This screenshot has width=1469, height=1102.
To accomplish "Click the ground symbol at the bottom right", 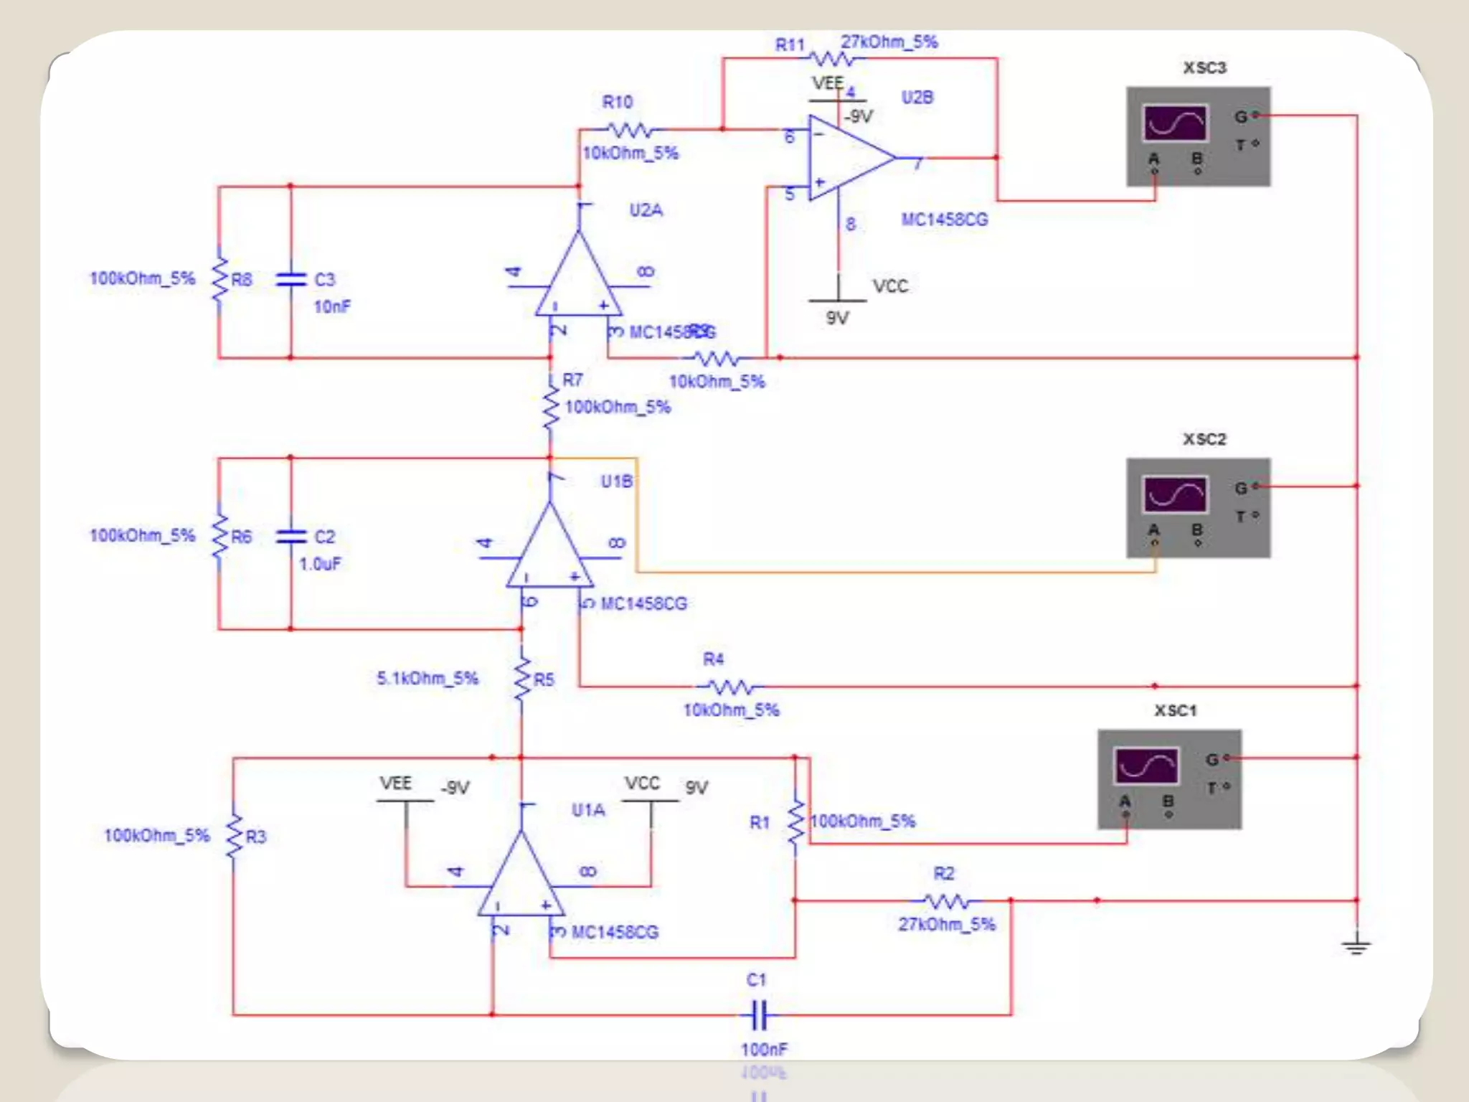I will click(1356, 947).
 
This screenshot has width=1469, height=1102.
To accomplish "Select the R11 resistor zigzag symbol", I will click(832, 58).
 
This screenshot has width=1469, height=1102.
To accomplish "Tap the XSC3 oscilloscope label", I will click(1204, 68).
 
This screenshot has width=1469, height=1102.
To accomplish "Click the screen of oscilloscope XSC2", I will click(1175, 495).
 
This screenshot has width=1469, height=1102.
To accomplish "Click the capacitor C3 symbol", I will click(291, 279).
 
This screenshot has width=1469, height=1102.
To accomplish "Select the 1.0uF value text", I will click(320, 564).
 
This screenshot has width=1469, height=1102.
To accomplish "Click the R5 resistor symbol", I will click(522, 678).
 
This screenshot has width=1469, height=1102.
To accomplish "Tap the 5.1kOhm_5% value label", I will click(428, 678).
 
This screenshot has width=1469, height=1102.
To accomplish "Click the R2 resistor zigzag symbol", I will click(947, 900).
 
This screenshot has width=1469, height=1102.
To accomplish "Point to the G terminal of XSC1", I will click(1227, 758).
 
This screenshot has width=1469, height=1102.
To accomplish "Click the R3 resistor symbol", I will click(234, 837).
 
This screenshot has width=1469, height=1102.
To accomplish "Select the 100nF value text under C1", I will click(764, 1050).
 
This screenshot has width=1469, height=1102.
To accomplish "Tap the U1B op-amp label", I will click(616, 481).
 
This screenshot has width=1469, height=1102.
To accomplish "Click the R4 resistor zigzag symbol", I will click(732, 687).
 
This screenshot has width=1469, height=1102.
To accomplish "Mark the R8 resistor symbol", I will click(219, 279).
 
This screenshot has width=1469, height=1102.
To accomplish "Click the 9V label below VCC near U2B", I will click(837, 318).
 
